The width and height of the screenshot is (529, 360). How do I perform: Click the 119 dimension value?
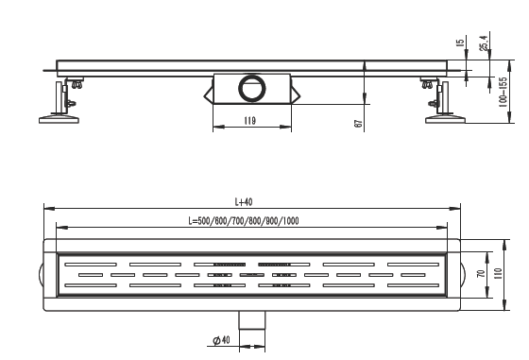coord(249,120)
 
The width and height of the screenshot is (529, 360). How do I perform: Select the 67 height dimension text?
coord(359,124)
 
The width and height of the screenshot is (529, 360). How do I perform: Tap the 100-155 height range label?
coord(503,92)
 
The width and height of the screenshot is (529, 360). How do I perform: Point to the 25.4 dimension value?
coord(484,43)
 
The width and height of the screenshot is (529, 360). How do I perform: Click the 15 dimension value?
coord(460,43)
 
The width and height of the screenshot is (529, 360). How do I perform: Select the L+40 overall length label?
coord(244,202)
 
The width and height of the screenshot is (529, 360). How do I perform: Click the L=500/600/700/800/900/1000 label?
coord(244,221)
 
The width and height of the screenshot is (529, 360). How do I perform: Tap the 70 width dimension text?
coord(482,273)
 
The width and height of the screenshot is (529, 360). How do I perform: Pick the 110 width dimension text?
coord(498,273)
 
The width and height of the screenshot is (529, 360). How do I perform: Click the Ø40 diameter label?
coord(221,340)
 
